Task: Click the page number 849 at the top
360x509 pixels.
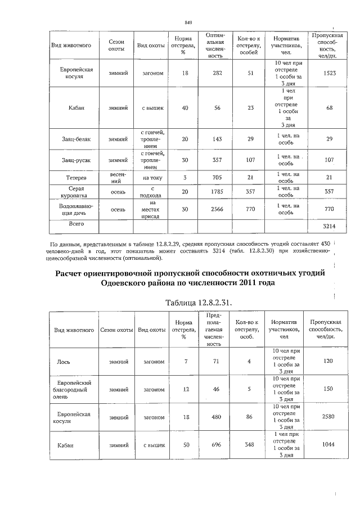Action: [188, 22]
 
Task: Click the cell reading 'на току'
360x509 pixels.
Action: [152, 178]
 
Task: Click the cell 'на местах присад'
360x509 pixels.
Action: [152, 209]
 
